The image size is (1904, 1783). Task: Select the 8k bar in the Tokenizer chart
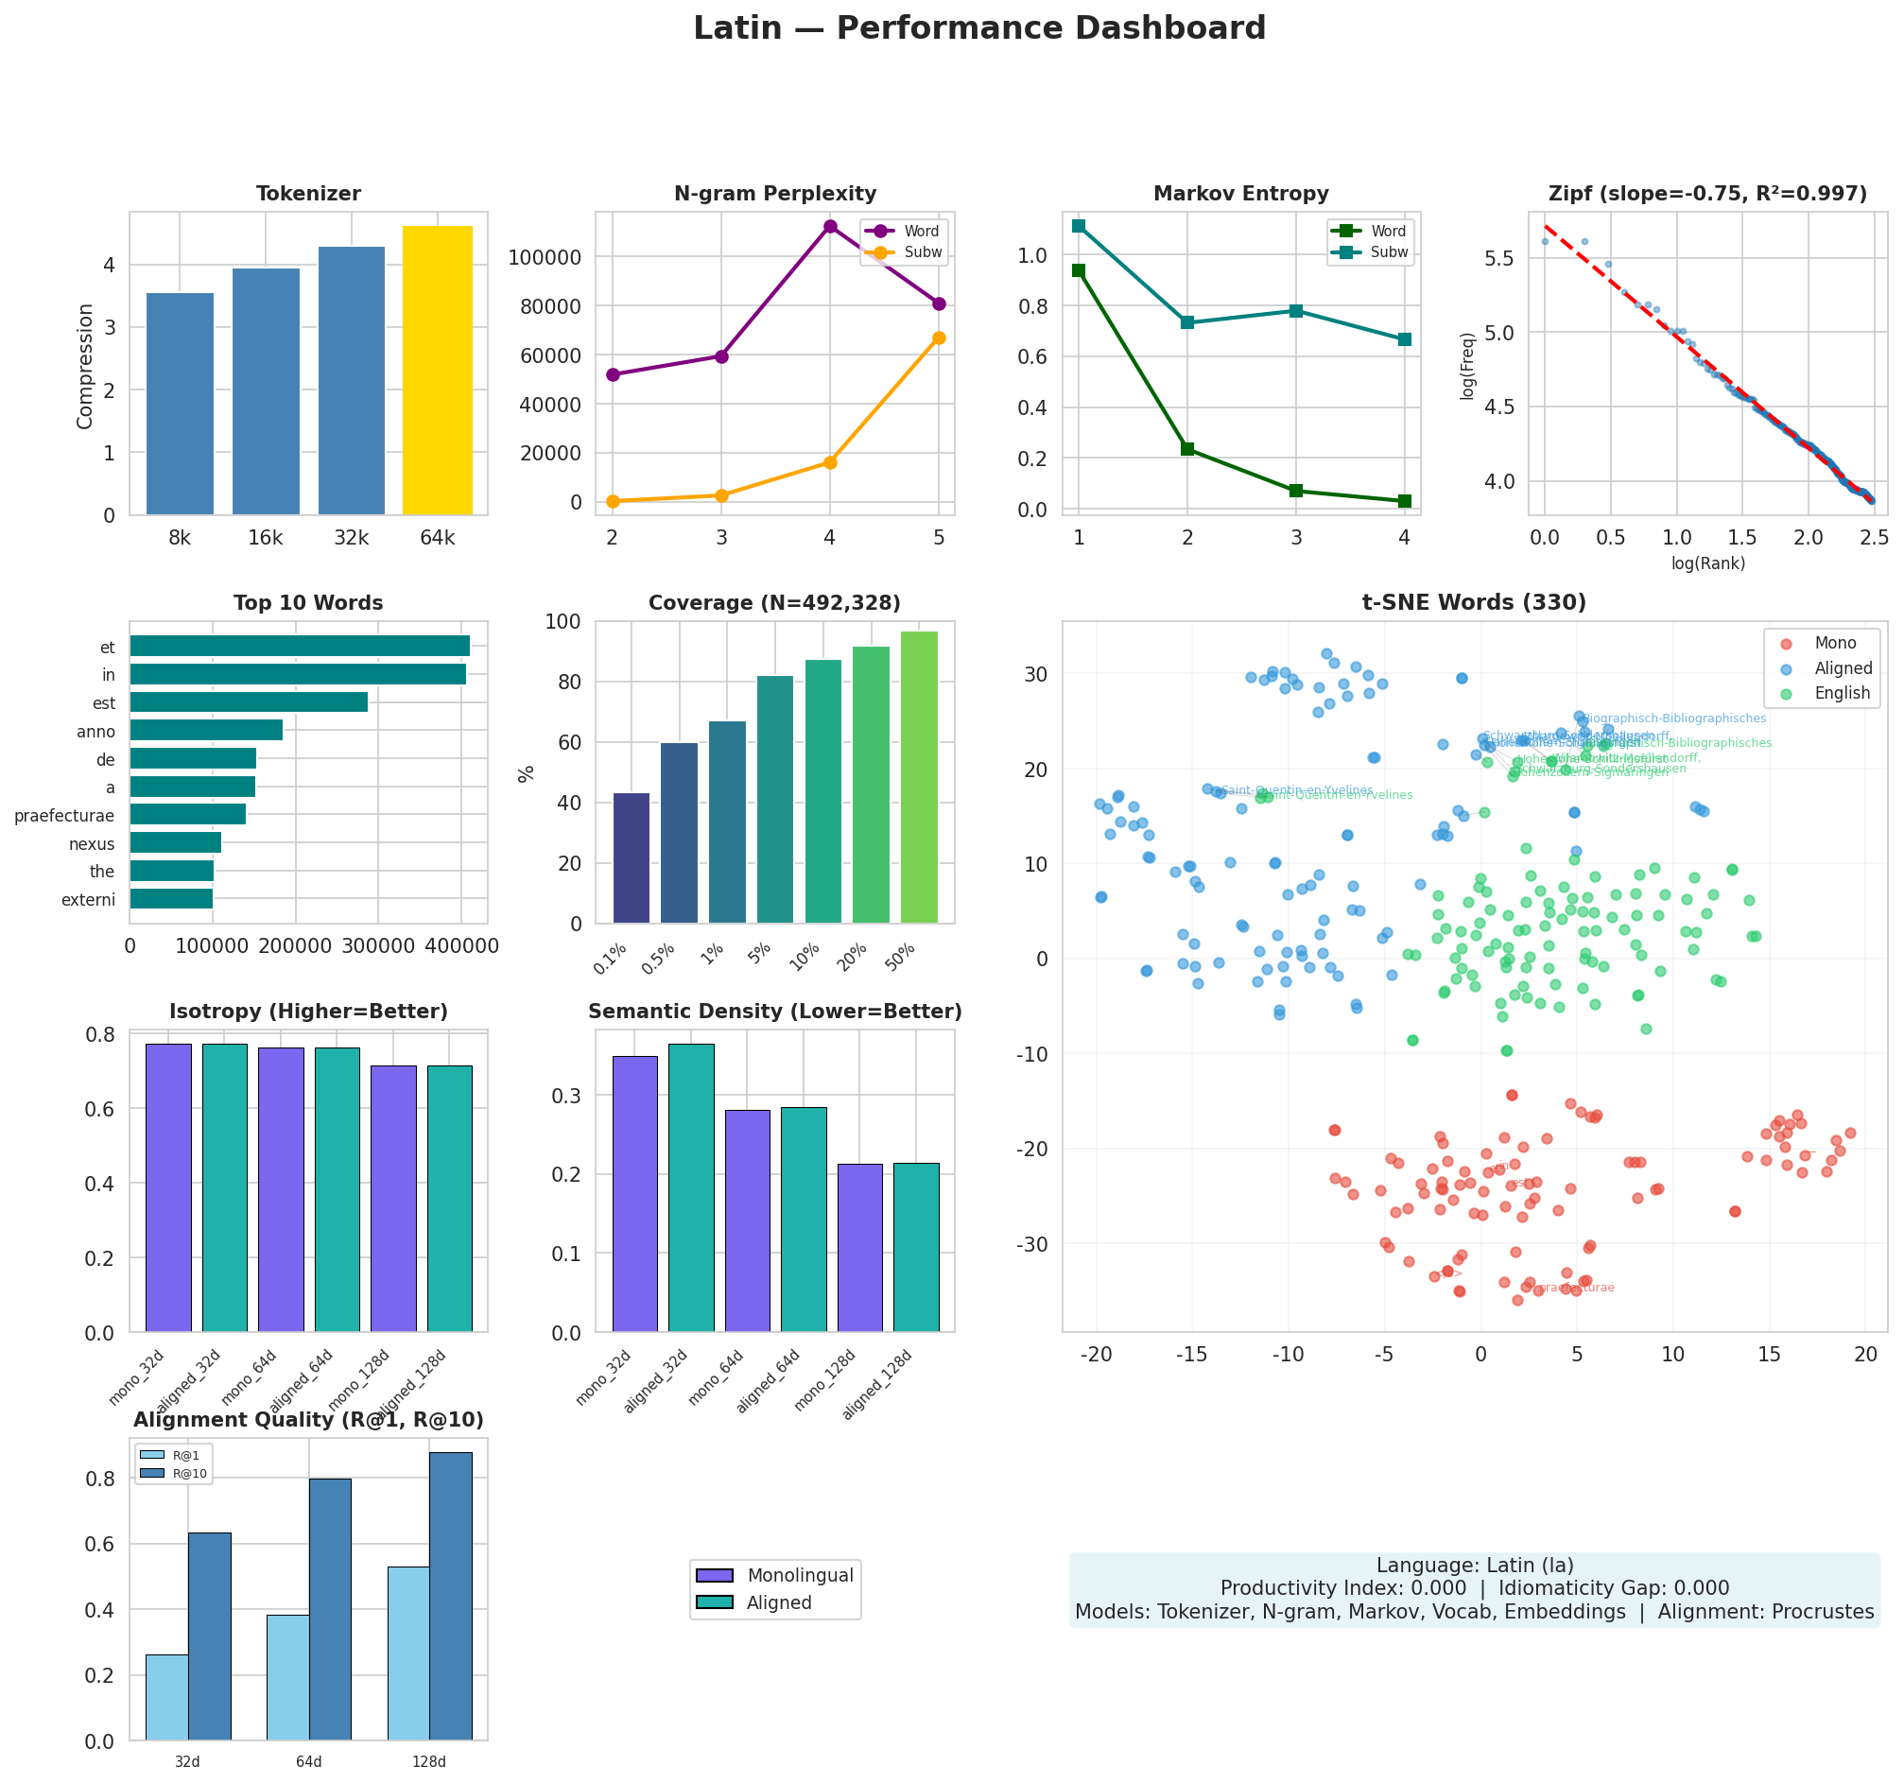click(x=179, y=403)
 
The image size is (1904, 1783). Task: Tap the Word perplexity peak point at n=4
click(x=829, y=227)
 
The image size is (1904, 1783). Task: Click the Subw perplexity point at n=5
click(x=938, y=338)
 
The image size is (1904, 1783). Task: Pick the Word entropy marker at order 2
click(x=1186, y=449)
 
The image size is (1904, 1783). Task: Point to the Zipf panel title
click(x=1706, y=195)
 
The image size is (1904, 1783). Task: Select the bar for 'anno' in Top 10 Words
click(x=206, y=731)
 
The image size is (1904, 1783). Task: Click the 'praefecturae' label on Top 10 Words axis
click(x=64, y=816)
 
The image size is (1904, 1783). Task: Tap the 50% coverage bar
click(x=919, y=776)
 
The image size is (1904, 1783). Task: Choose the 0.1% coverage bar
click(x=632, y=858)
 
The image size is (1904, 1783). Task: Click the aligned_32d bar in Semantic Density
click(x=690, y=1187)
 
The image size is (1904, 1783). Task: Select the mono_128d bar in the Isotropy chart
click(x=392, y=1198)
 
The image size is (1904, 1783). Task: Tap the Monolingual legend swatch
click(x=715, y=1576)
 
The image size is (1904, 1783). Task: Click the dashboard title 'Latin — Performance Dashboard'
click(x=978, y=28)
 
